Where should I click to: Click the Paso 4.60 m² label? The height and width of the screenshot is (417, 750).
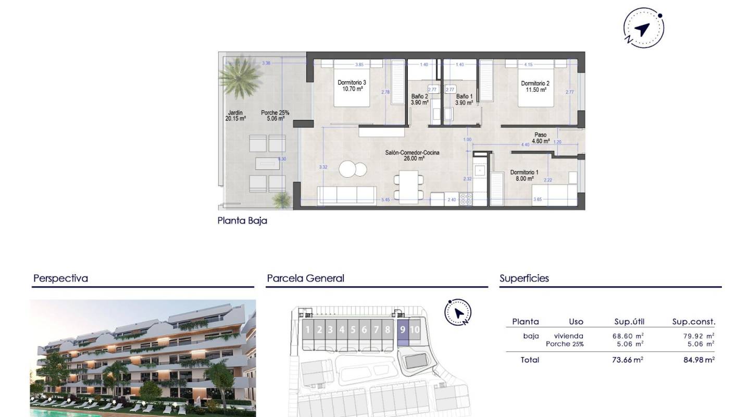pos(540,138)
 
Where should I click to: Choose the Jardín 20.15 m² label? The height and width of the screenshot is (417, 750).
pos(235,115)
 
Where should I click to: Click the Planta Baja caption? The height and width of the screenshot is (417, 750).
pos(242,220)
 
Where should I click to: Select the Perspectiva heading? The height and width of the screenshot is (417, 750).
pos(60,278)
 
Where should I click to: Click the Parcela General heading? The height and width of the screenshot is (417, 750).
pos(305,278)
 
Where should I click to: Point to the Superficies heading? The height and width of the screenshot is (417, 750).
pos(524,278)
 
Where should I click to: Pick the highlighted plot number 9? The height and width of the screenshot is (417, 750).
pos(403,329)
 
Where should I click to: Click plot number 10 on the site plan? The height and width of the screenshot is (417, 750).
pos(415,329)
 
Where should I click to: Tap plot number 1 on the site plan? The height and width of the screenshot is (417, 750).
pos(308,329)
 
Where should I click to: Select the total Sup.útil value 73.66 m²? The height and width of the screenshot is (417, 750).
pos(628,360)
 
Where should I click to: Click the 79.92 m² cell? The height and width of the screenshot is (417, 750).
pos(698,336)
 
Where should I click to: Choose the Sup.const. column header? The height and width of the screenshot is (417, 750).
pos(694,322)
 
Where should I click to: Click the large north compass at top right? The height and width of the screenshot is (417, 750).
pos(643,28)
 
